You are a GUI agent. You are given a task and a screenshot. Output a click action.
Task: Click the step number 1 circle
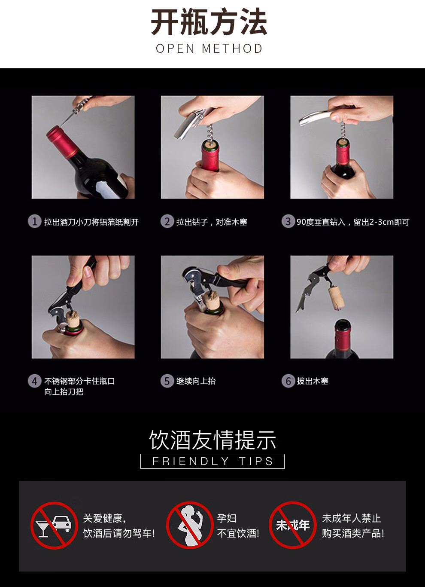[x=35, y=221]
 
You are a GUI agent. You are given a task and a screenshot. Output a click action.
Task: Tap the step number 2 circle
[x=167, y=221]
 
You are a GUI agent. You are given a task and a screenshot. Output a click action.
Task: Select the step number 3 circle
[x=288, y=221]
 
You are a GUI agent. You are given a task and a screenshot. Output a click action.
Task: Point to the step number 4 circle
[x=35, y=381]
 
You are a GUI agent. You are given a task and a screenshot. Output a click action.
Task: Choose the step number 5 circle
[x=167, y=381]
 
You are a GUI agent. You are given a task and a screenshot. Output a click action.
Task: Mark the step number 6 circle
[x=288, y=381]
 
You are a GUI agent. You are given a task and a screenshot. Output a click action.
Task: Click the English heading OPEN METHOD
[x=209, y=49]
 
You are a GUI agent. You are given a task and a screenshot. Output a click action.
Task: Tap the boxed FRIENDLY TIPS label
[x=212, y=461]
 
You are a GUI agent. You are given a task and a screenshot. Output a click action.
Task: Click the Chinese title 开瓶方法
[x=209, y=21]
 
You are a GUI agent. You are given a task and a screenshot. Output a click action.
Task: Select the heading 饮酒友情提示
[x=212, y=440]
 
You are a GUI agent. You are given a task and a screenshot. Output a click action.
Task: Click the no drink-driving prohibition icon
[x=54, y=526]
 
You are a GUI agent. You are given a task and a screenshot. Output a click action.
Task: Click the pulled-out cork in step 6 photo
[x=337, y=298]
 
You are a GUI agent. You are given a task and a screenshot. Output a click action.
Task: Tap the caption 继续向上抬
[x=196, y=381]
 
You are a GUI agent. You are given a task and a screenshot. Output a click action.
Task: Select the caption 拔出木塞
[x=313, y=381]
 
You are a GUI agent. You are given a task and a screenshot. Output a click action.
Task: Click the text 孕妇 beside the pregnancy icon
[x=227, y=518]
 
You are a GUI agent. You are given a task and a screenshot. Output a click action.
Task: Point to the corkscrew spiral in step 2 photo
[x=210, y=133]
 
